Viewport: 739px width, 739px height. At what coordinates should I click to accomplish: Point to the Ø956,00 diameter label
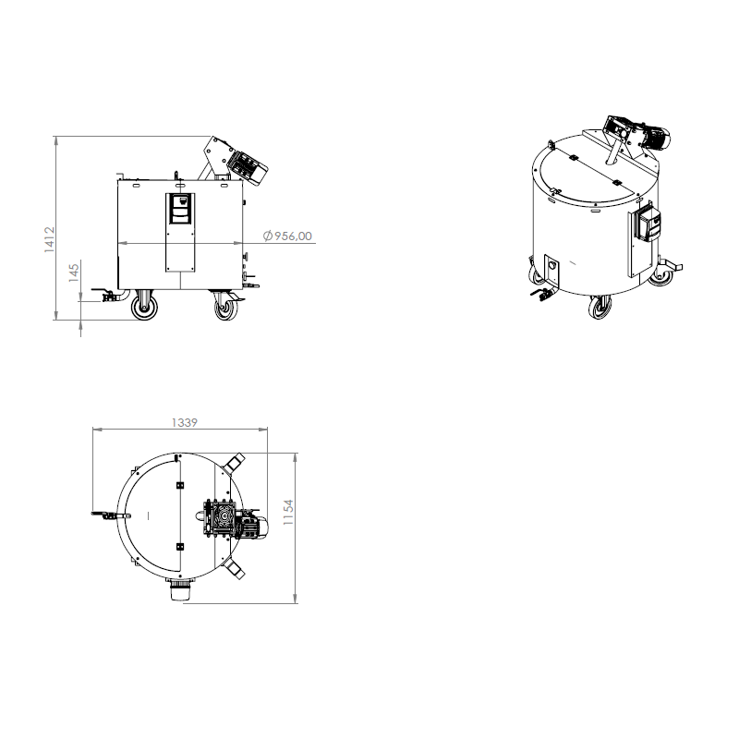point(287,236)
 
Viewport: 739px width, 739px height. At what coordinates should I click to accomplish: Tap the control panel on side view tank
point(181,210)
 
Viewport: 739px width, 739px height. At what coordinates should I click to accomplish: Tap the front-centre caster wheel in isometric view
point(600,307)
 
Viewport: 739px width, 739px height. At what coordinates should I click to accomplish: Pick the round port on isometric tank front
point(552,266)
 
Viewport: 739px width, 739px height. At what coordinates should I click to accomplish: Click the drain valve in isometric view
point(539,295)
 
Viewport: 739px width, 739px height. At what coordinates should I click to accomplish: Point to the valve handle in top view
point(101,514)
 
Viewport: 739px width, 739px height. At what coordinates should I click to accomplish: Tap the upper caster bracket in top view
point(235,460)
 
